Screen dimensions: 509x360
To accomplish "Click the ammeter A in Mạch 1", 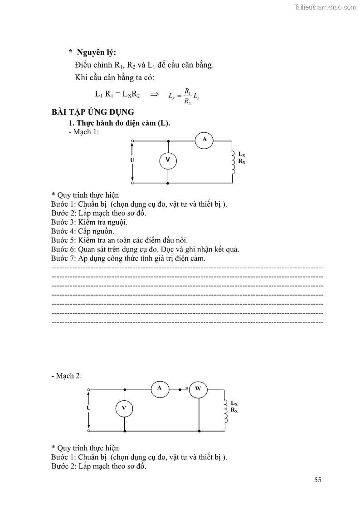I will tap(204, 140).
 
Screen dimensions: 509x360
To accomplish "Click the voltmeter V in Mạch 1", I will tap(168, 160).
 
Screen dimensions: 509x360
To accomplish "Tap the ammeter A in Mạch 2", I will tap(160, 388).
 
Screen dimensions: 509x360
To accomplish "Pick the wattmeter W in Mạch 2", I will tap(198, 389).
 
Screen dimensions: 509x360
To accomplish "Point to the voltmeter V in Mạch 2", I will tap(124, 409).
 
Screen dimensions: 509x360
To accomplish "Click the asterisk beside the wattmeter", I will tap(186, 388).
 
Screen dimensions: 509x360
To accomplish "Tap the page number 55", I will tap(317, 480).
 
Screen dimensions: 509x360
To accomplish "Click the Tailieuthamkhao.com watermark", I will tap(325, 7).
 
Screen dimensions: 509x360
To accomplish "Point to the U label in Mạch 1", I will tap(132, 160).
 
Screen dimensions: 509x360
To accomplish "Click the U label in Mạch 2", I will tap(88, 408).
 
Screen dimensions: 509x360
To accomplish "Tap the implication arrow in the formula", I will tap(155, 94).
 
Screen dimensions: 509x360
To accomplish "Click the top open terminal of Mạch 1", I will tap(132, 141).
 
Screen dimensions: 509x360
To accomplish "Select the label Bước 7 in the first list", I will tap(63, 258).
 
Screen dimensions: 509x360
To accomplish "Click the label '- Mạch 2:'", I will tap(67, 376).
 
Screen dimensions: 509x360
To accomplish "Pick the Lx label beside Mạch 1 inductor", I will tap(242, 155).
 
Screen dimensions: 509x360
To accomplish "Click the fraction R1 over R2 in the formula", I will tap(187, 96).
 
